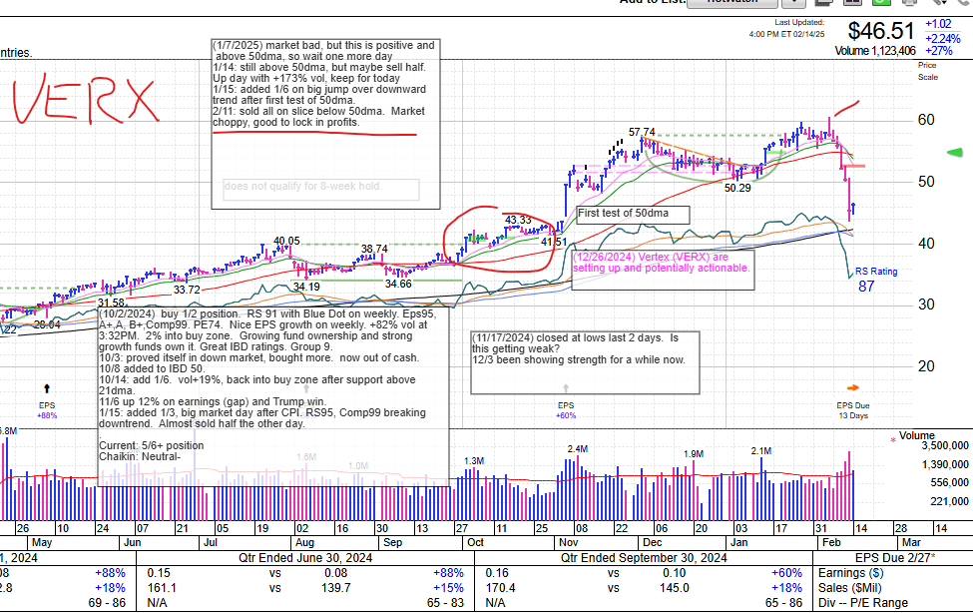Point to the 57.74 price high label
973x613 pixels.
click(642, 132)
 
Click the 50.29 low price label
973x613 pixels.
click(737, 187)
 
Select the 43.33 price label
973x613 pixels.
click(517, 220)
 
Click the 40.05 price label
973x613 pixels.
click(286, 241)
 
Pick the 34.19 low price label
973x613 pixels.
click(305, 287)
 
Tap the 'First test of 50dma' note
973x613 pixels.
click(633, 214)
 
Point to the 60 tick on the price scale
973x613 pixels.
click(926, 120)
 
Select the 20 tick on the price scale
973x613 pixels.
click(926, 365)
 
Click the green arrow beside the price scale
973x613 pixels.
click(953, 153)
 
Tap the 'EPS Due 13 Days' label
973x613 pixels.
click(852, 409)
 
